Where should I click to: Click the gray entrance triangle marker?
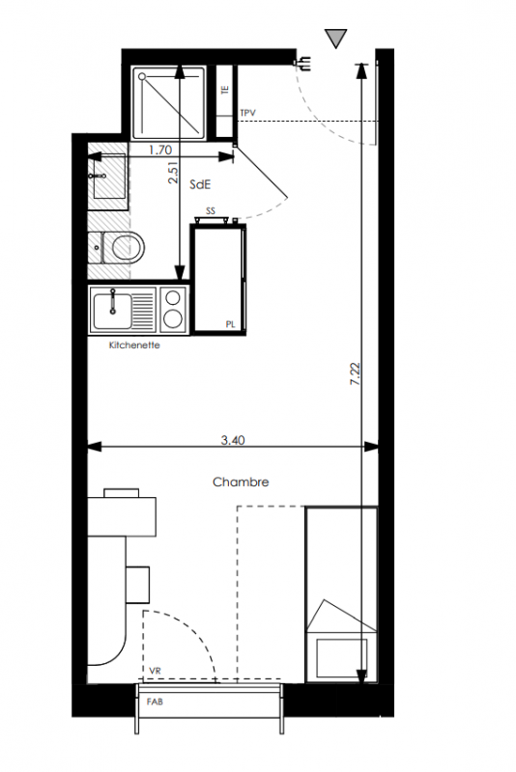335,38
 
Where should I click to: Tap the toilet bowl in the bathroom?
128,247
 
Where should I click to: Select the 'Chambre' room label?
241,482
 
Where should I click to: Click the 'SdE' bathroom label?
201,184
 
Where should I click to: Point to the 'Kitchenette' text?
134,345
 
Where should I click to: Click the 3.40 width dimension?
233,440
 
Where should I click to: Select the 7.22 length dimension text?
356,373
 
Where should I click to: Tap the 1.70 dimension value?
160,150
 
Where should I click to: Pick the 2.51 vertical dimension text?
173,173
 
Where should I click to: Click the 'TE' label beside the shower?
225,90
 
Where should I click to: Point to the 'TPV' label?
248,113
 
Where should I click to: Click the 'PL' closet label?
230,324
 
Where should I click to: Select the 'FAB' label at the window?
155,702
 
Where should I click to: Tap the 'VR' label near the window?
155,671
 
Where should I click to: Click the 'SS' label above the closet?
211,211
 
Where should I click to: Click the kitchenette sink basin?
113,311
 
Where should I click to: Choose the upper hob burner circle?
173,297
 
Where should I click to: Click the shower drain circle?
142,77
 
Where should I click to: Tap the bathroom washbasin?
108,176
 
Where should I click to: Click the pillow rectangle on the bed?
341,657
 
